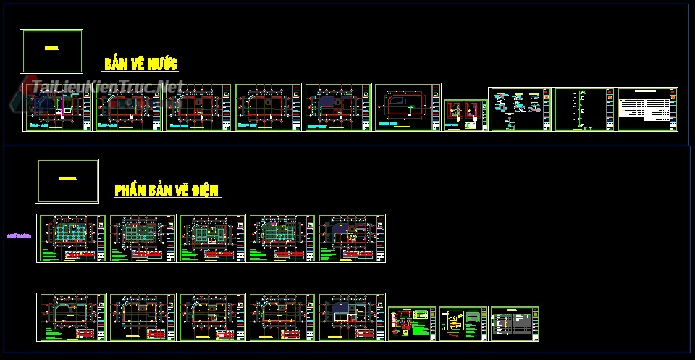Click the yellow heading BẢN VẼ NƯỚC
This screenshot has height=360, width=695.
pyautogui.click(x=140, y=64)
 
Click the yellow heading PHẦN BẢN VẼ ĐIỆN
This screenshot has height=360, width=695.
pyautogui.click(x=167, y=191)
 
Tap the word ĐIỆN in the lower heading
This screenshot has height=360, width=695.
pyautogui.click(x=203, y=191)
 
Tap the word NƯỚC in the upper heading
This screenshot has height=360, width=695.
pyautogui.click(x=162, y=64)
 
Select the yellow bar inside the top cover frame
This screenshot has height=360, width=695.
pyautogui.click(x=51, y=49)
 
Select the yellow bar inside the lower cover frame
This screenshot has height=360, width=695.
pyautogui.click(x=67, y=177)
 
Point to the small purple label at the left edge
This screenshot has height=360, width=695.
pyautogui.click(x=18, y=235)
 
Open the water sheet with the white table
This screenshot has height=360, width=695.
pyautogui.click(x=647, y=109)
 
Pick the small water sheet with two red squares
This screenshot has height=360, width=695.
pyautogui.click(x=464, y=115)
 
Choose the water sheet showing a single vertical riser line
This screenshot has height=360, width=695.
pyautogui.click(x=583, y=109)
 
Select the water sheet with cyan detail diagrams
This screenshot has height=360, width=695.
pyautogui.click(x=520, y=109)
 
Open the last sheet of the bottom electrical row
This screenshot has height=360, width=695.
pyautogui.click(x=515, y=323)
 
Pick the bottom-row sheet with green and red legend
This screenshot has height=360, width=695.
pyautogui.click(x=411, y=323)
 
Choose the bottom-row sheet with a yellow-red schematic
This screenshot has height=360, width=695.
pyautogui.click(x=463, y=323)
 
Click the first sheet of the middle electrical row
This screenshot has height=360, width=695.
pyautogui.click(x=71, y=238)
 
